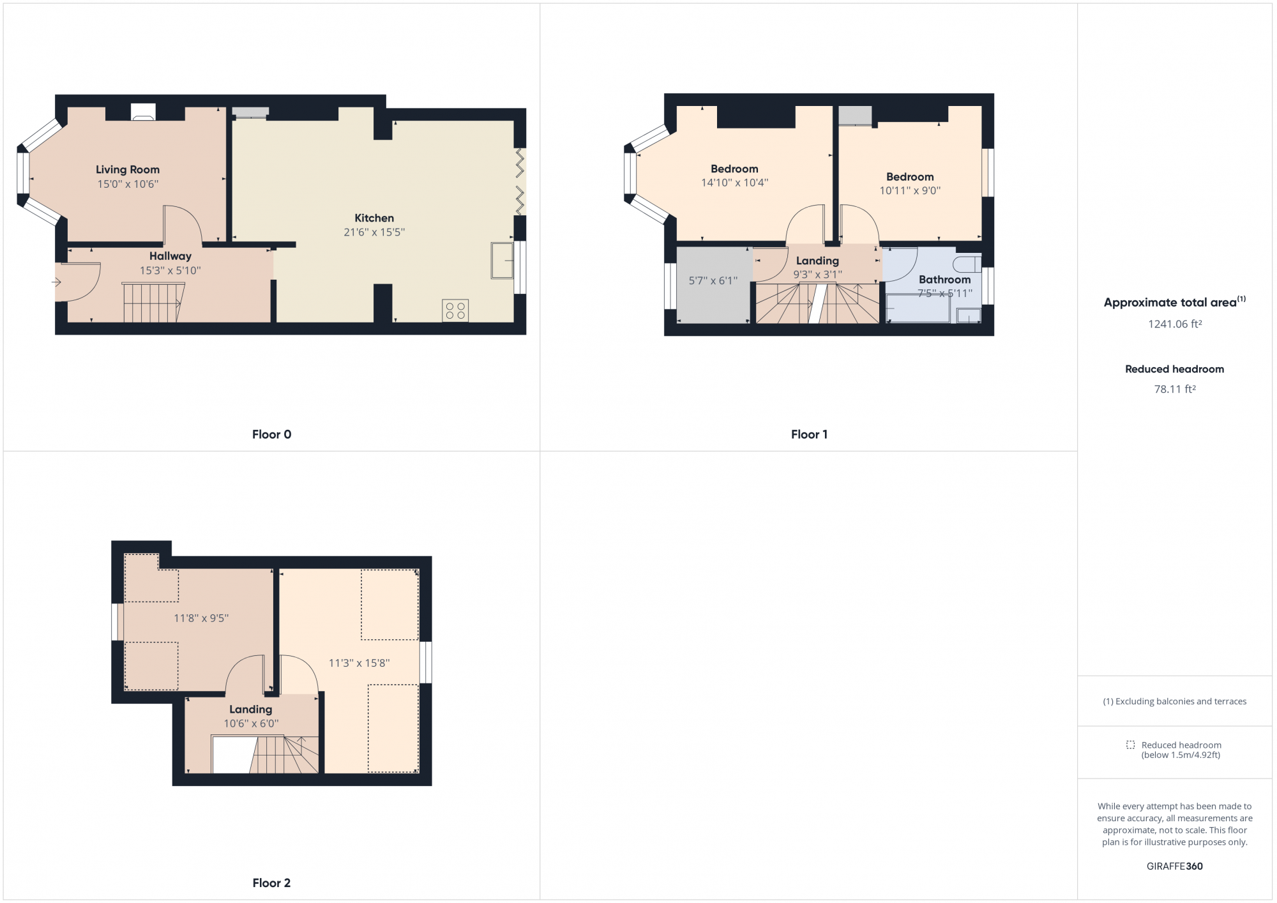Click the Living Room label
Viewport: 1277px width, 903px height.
pos(128,169)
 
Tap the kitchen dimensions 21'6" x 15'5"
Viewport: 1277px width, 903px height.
pos(374,232)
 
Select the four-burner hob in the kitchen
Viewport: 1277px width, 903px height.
pos(455,311)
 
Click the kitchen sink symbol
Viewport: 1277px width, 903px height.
pos(502,261)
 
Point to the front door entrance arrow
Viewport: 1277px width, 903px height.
pos(56,282)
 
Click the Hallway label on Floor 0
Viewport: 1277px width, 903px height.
pos(170,256)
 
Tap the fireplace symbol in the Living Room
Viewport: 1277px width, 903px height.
pos(143,112)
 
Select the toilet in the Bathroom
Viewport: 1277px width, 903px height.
pos(968,264)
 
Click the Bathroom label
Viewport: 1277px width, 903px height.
pos(944,280)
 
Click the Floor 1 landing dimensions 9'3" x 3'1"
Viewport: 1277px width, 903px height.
pos(817,275)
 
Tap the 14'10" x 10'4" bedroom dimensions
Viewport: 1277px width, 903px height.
pos(734,183)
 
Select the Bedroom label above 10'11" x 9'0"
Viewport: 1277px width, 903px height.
pos(910,177)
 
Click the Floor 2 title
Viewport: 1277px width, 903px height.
pos(271,883)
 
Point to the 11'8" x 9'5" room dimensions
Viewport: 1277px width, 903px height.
pos(201,618)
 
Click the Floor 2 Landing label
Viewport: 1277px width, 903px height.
pos(250,709)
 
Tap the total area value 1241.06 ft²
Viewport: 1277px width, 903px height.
pos(1175,324)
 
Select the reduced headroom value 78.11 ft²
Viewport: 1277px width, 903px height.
pos(1175,390)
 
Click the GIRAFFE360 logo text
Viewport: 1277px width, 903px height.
pos(1175,867)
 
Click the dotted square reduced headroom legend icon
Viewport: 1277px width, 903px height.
pos(1130,745)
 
